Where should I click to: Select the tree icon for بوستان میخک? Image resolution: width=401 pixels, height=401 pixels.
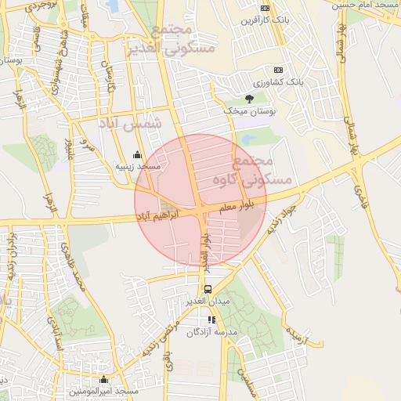coord(249,99)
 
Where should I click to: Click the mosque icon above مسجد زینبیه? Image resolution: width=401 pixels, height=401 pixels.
coord(138,154)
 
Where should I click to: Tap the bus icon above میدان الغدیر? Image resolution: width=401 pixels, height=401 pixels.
coord(207,289)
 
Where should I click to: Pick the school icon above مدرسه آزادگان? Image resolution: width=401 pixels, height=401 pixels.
coord(211,320)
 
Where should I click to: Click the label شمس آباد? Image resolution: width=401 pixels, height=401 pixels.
coord(128,123)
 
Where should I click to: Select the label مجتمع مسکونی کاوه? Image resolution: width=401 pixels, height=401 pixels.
coord(262,170)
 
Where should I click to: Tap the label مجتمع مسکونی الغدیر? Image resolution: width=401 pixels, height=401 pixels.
coord(181,38)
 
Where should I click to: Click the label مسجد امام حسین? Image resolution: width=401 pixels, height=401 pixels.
coord(367,4)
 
